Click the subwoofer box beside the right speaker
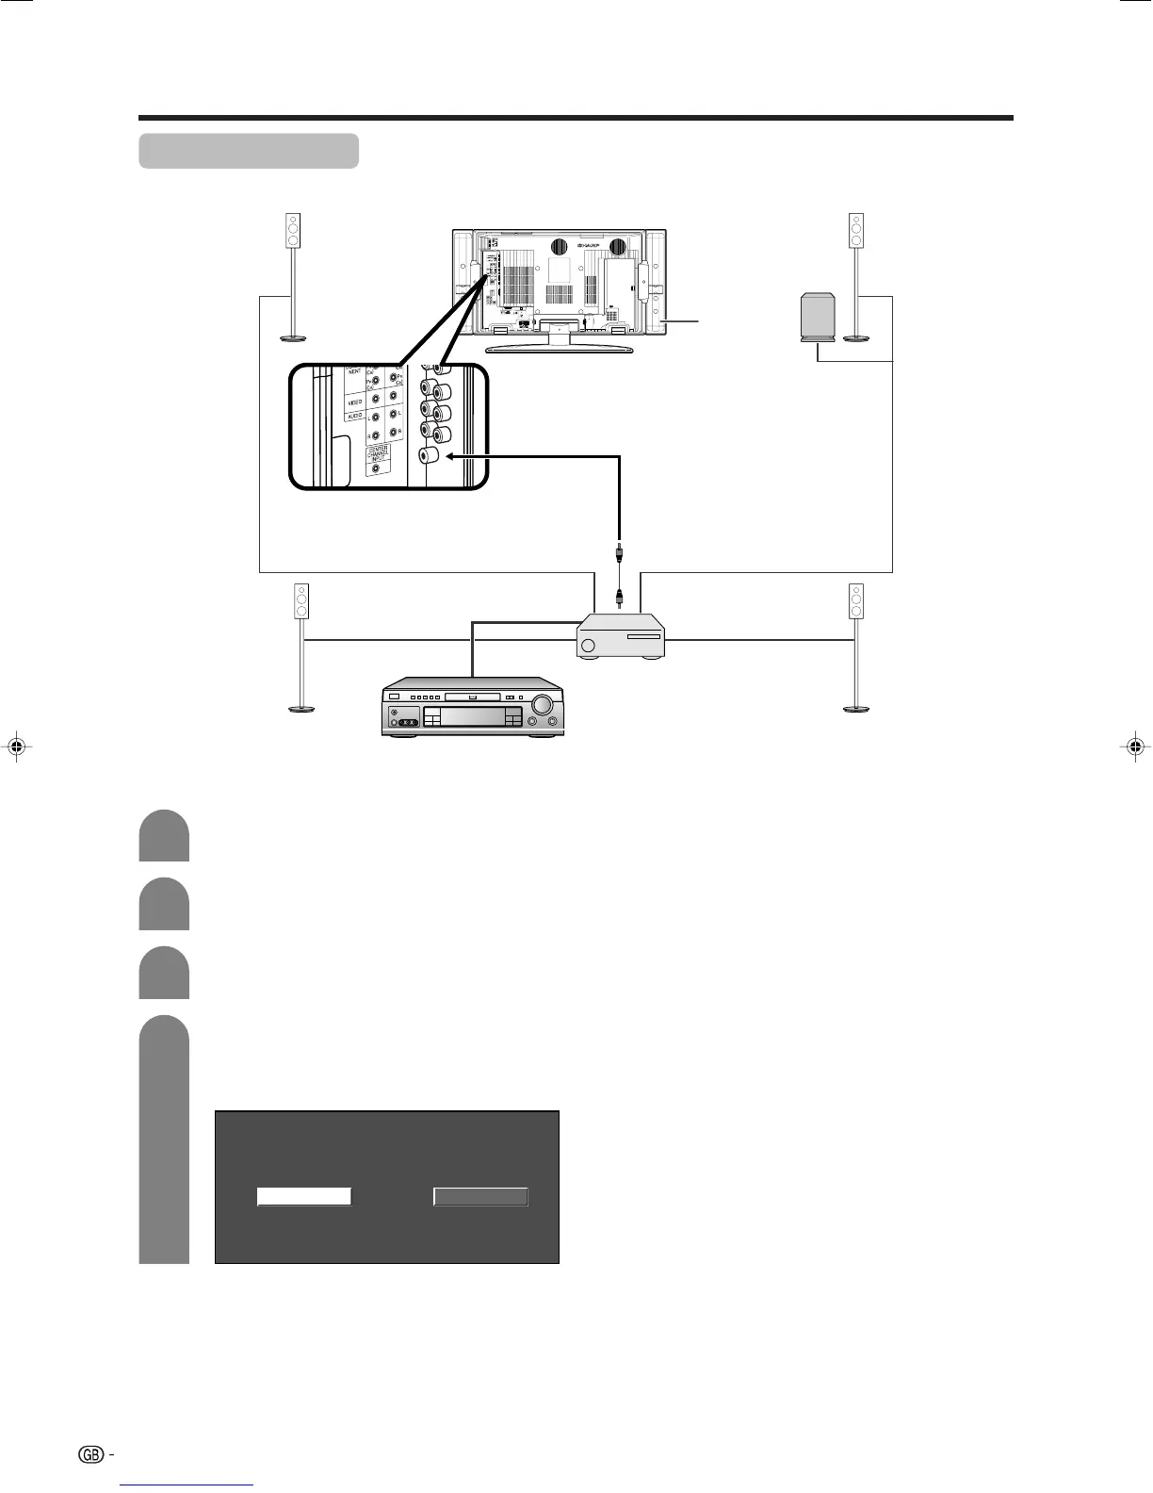816,316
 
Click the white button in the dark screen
304,1196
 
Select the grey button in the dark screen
480,1196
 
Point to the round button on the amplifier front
590,647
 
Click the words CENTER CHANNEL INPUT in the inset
376,455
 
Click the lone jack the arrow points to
429,456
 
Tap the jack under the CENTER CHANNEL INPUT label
377,469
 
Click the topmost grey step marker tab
164,835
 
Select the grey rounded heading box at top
249,151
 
